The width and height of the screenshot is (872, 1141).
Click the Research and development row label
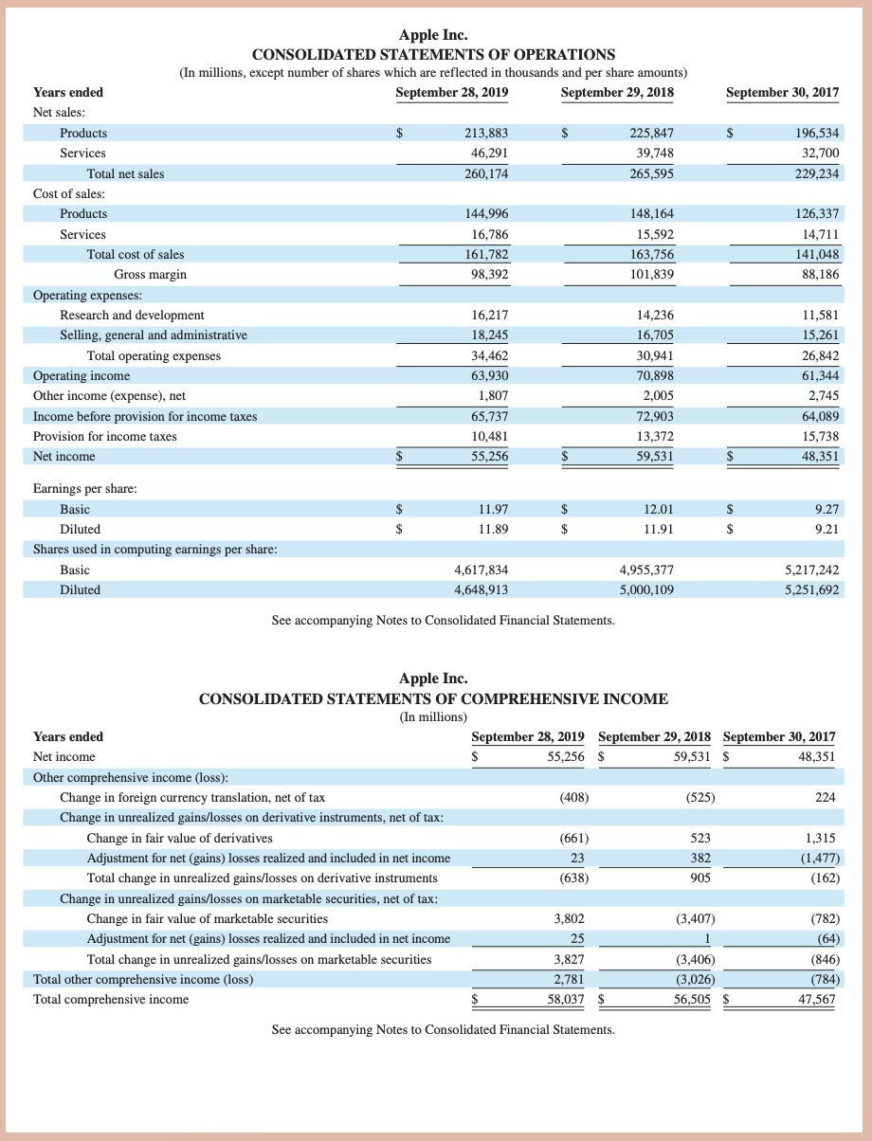(132, 315)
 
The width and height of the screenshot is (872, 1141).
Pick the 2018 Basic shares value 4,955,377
(646, 570)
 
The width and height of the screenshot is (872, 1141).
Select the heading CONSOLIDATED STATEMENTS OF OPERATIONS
(433, 54)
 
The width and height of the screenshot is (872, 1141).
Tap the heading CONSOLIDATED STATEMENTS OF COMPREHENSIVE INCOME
(433, 698)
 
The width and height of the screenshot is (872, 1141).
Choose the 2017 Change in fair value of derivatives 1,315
(820, 838)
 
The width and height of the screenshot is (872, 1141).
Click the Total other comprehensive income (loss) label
(143, 979)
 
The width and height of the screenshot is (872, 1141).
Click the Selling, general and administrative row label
(154, 335)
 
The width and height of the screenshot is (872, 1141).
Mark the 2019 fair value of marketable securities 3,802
(569, 918)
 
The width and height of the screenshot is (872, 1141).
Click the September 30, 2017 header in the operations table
(782, 92)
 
